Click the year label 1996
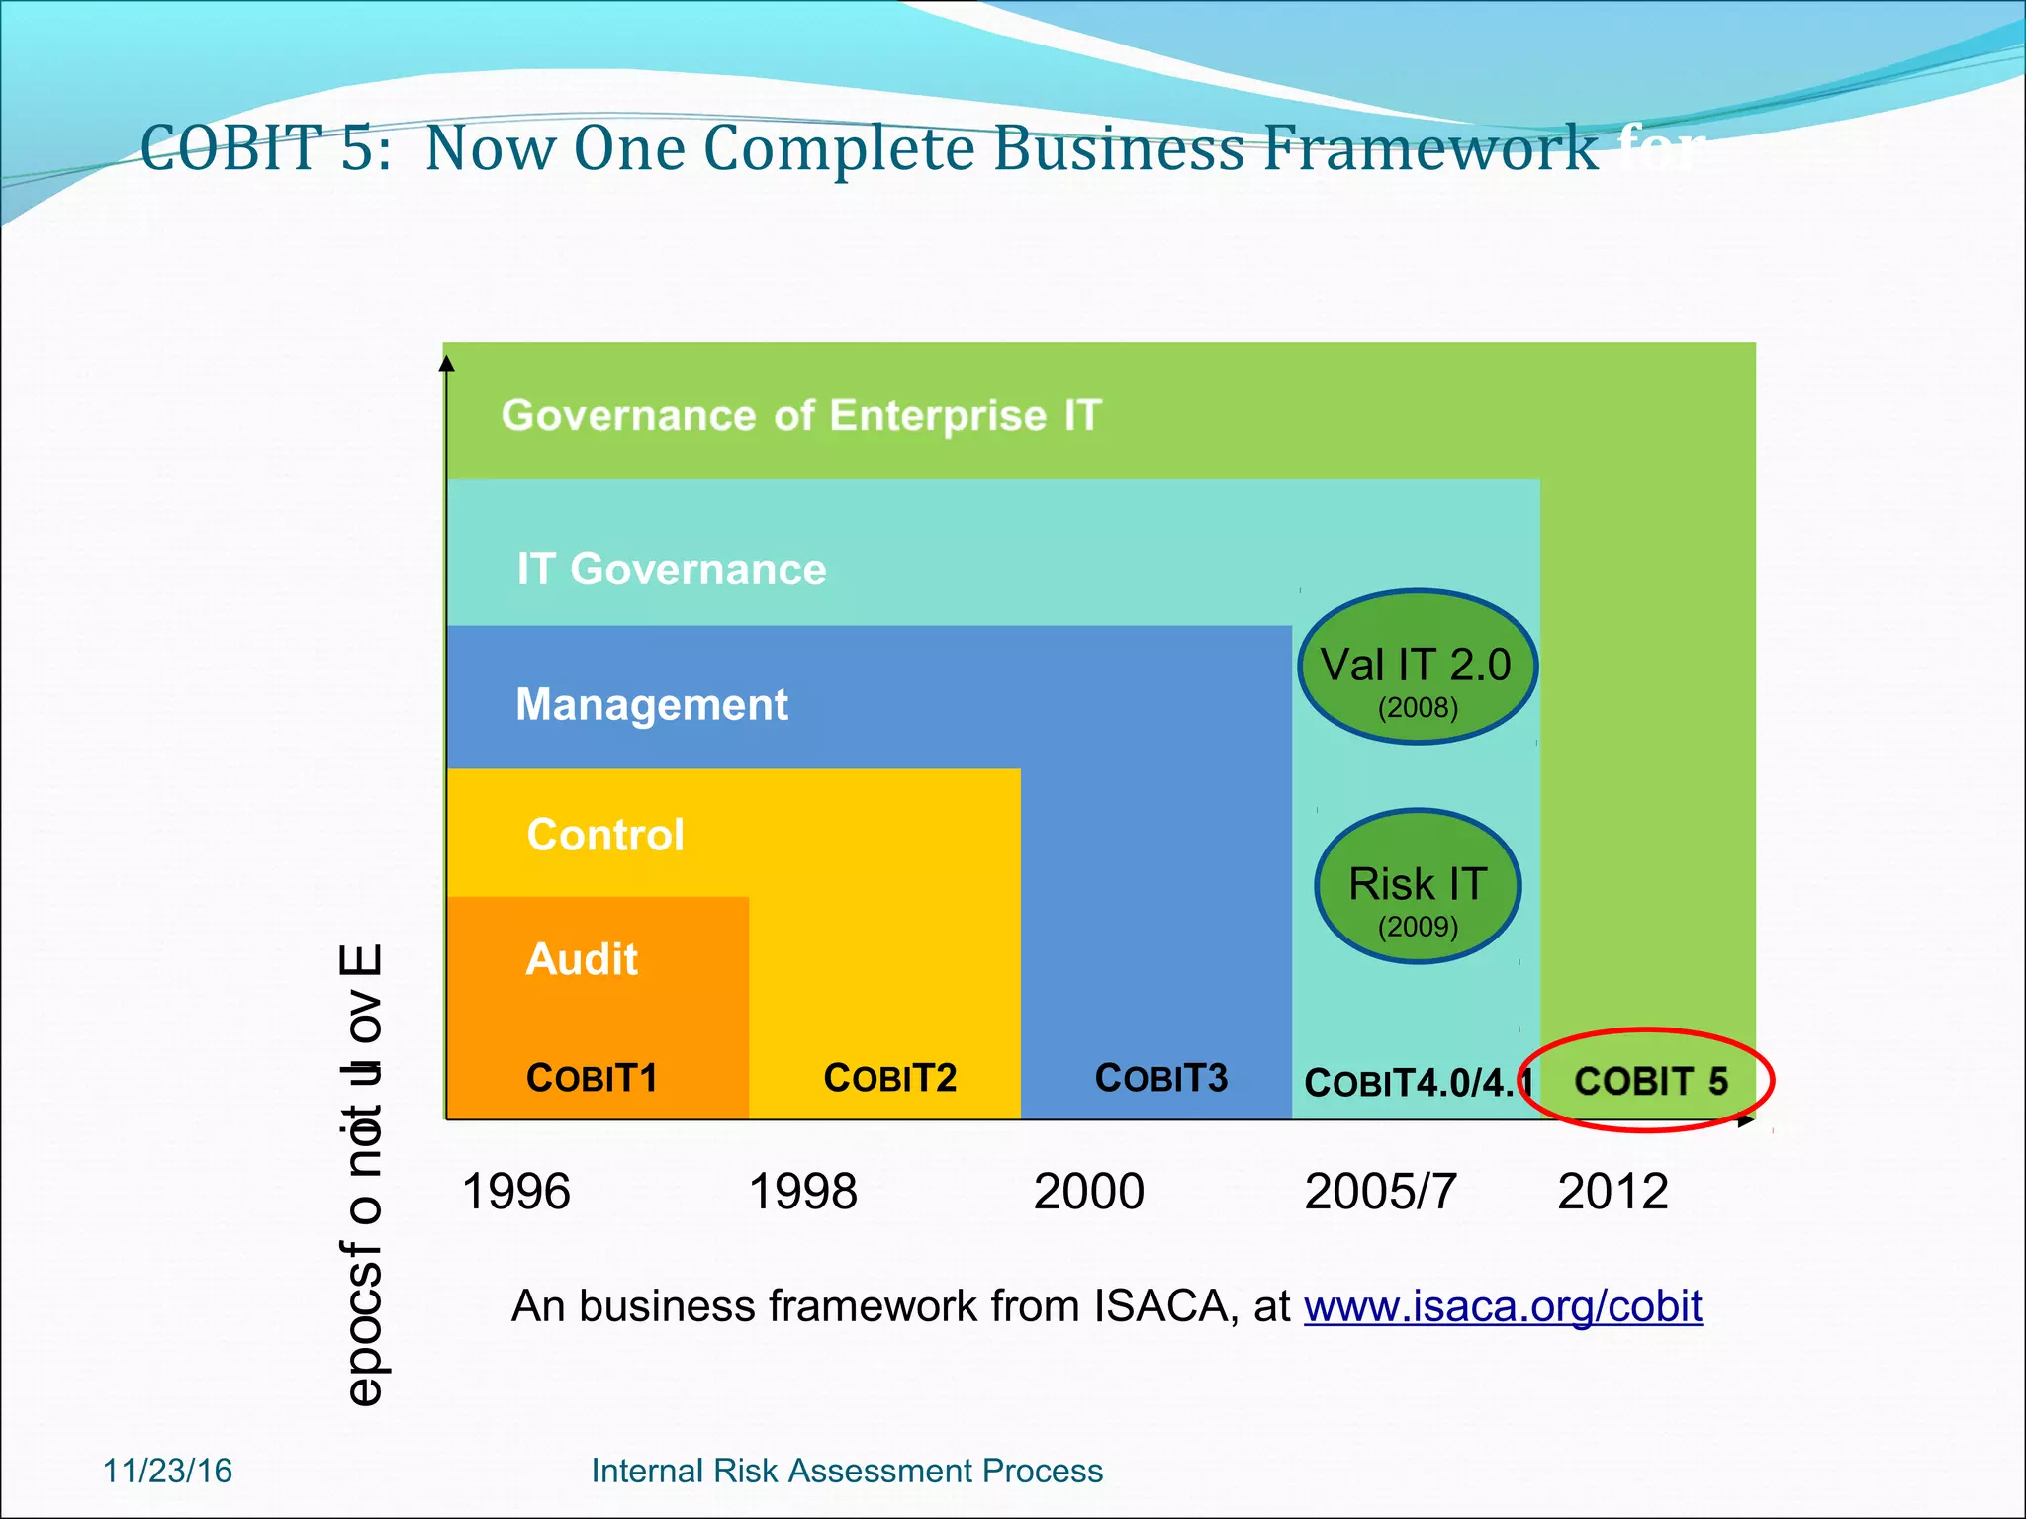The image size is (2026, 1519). click(516, 1191)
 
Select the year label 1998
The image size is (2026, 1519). click(802, 1191)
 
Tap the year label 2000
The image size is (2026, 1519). click(1088, 1191)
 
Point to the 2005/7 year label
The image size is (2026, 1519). click(1380, 1191)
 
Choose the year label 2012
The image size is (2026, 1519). click(1612, 1191)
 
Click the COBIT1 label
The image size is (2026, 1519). click(592, 1077)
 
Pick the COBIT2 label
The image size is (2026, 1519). click(890, 1077)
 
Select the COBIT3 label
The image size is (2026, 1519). click(1160, 1077)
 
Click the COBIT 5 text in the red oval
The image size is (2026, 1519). click(1650, 1081)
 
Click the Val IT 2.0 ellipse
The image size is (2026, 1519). click(1417, 668)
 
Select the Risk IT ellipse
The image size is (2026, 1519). click(1418, 886)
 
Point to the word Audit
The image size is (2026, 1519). click(582, 959)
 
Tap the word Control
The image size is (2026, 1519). click(605, 835)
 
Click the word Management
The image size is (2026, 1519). click(652, 704)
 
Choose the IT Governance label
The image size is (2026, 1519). click(672, 569)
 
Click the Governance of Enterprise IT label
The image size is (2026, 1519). click(801, 415)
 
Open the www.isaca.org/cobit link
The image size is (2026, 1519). click(1503, 1306)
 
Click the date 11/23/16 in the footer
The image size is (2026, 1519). click(168, 1471)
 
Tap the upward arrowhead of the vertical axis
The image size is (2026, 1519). click(447, 364)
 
